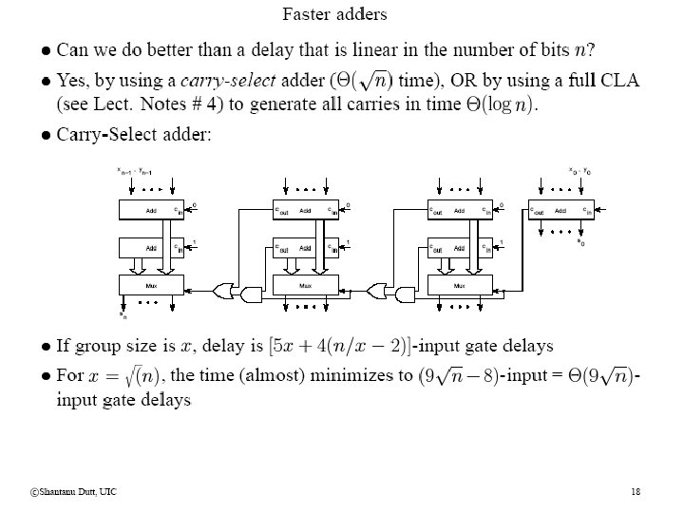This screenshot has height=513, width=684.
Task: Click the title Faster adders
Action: click(334, 14)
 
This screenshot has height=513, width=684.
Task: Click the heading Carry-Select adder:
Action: click(134, 134)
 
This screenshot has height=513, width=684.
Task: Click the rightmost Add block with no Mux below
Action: click(561, 210)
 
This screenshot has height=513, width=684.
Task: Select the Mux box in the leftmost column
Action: click(152, 284)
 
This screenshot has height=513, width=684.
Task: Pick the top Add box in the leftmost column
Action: click(152, 210)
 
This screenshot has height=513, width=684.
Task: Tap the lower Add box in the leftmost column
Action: click(152, 247)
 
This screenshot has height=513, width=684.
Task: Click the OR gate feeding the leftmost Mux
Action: click(226, 286)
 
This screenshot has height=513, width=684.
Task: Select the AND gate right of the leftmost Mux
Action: click(252, 295)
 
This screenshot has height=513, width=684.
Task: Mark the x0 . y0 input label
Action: click(579, 172)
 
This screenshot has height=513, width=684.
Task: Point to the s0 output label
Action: click(580, 242)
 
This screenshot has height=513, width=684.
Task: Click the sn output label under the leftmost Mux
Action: click(123, 314)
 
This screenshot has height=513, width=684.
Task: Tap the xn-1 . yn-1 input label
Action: click(135, 172)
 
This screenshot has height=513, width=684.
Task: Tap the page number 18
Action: click(636, 491)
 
